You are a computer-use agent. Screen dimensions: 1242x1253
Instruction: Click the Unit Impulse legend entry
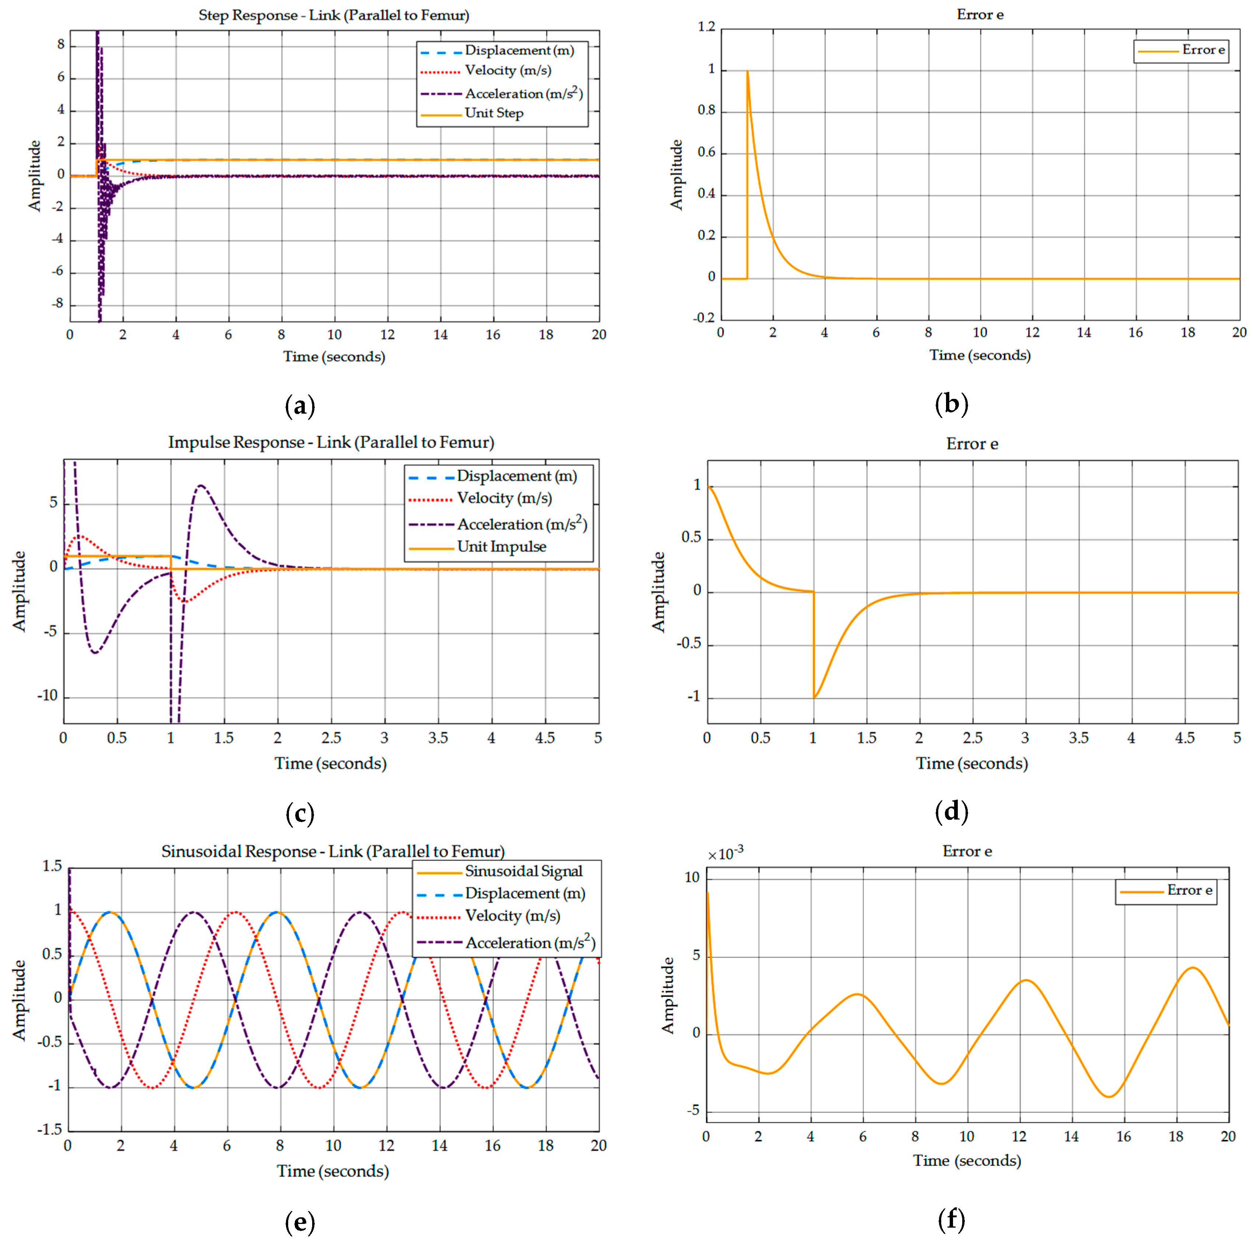[501, 547]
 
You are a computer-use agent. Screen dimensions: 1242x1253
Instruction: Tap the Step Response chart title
[334, 15]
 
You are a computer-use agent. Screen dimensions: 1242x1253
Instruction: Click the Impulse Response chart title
[331, 442]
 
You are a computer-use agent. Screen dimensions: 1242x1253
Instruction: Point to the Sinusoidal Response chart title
[333, 851]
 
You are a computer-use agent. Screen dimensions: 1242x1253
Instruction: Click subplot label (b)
[952, 404]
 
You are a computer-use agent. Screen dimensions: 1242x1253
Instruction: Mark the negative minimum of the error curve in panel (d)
[814, 697]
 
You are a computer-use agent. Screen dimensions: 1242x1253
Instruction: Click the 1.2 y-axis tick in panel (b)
[706, 27]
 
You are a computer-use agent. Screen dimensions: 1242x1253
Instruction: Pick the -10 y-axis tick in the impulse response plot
[47, 696]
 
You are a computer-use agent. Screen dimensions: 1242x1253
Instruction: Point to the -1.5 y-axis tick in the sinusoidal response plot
[49, 1130]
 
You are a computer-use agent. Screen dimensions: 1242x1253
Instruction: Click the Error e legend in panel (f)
[1165, 891]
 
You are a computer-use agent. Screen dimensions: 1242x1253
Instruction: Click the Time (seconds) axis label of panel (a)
[334, 357]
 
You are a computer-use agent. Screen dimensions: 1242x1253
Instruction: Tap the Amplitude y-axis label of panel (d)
[659, 592]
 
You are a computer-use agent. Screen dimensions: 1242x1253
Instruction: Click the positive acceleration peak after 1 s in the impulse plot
[201, 486]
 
